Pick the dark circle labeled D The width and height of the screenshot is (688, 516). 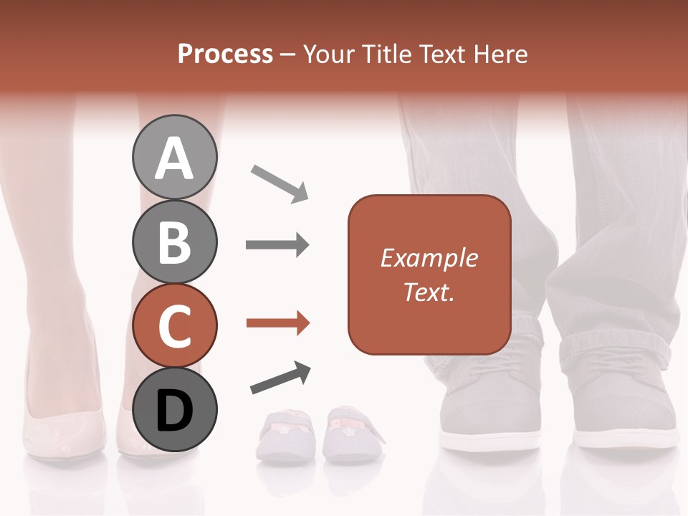[x=174, y=409]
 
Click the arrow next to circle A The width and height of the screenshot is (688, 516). [x=279, y=183]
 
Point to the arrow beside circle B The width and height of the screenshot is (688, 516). [x=277, y=245]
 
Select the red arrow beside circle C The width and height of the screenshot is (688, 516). [x=277, y=324]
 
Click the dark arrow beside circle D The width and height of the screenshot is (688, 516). [x=280, y=378]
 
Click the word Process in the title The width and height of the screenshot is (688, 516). [x=225, y=54]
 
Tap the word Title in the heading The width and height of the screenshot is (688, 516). [x=386, y=54]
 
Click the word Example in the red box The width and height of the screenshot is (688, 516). [x=429, y=258]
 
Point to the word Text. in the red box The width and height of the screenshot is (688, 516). [x=429, y=292]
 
